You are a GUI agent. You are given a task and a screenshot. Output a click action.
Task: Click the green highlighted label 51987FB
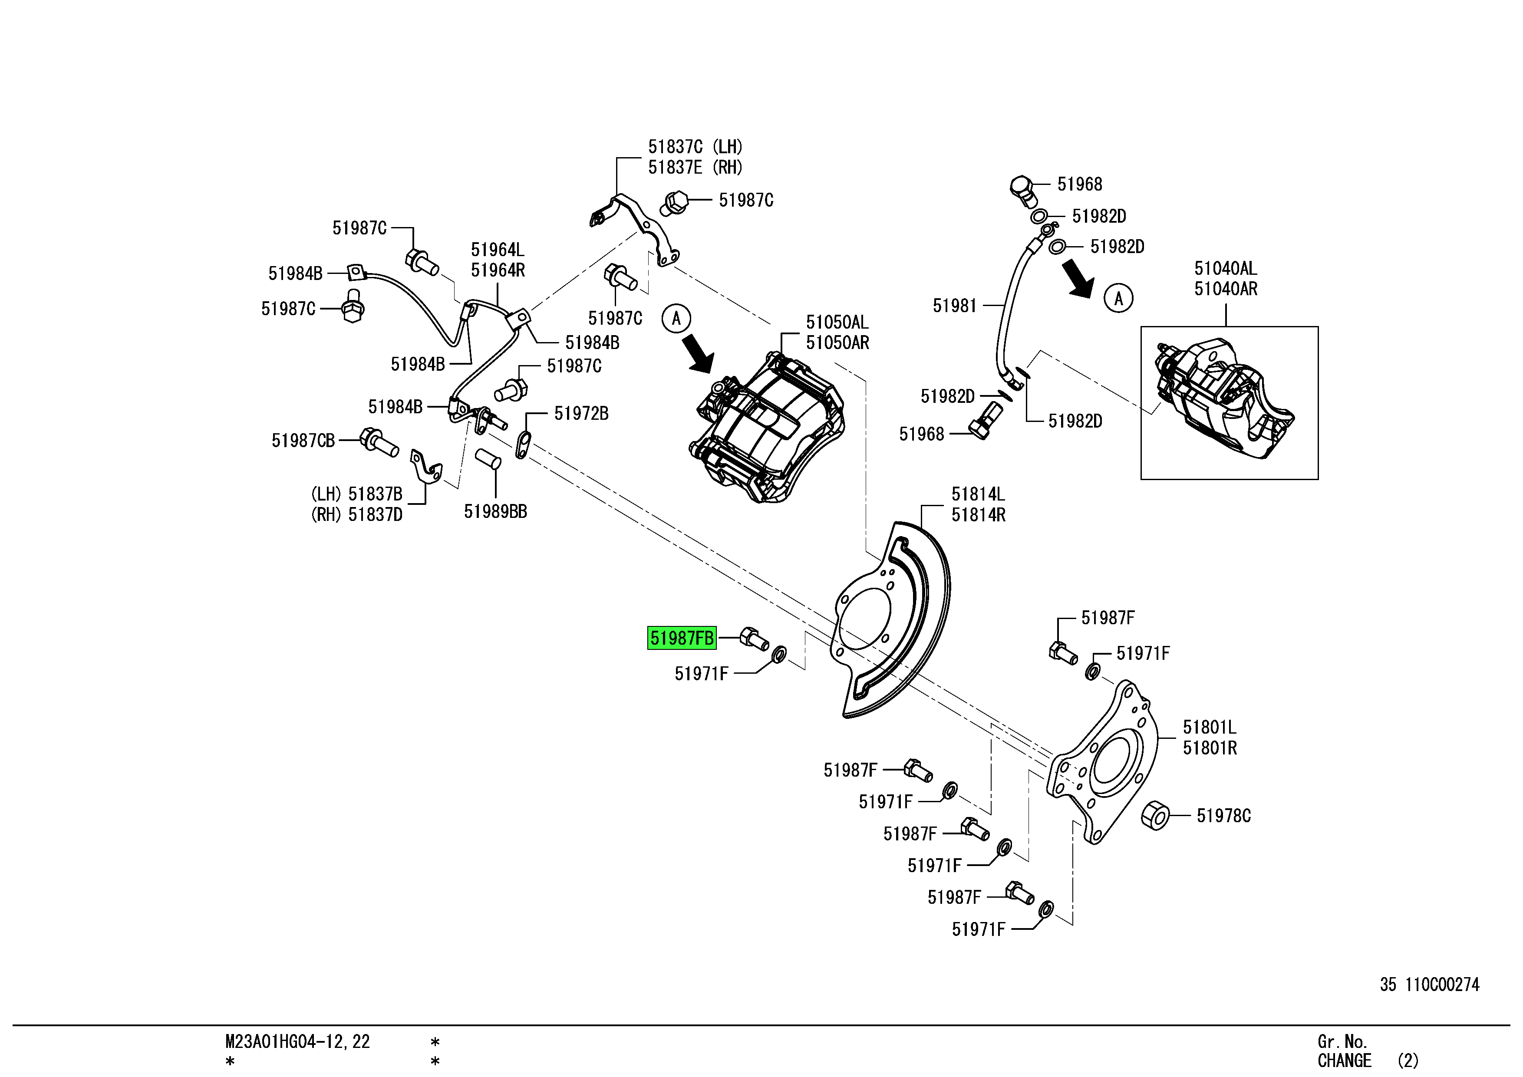(x=682, y=639)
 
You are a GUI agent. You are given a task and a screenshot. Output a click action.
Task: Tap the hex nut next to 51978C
(x=1156, y=815)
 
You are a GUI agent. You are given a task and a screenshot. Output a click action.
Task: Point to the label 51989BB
(x=495, y=511)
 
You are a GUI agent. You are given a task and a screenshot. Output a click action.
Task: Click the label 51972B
(x=581, y=414)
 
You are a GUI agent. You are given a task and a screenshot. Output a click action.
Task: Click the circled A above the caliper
(x=676, y=319)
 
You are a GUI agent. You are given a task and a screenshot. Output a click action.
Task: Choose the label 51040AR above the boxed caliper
(x=1226, y=289)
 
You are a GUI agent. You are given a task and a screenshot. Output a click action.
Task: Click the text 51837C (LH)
(x=695, y=147)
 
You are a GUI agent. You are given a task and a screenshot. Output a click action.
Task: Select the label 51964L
(x=498, y=250)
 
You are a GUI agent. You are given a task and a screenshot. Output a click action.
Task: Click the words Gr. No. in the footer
(x=1342, y=1041)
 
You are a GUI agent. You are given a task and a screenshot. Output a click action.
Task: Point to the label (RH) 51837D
(x=357, y=515)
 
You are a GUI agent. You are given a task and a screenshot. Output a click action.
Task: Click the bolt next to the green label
(x=754, y=638)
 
